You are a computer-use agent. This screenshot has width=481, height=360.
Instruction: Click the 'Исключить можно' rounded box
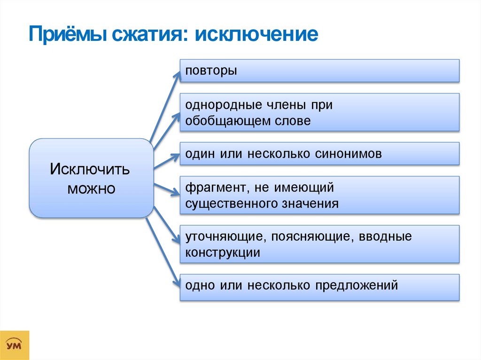point(91,178)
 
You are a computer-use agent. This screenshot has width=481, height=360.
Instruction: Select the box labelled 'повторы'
point(319,71)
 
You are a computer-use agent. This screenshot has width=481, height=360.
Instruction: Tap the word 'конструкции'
point(223,253)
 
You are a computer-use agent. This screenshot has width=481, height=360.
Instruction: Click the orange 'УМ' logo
point(15,345)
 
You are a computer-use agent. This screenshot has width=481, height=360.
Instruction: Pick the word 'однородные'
point(220,105)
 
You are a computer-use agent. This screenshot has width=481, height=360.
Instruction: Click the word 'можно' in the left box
point(91,189)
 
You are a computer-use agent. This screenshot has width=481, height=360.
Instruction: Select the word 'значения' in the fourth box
point(314,204)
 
